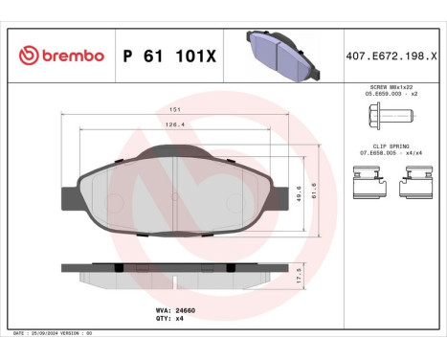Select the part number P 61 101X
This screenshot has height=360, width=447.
[169, 56]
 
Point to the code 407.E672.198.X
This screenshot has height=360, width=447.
[394, 56]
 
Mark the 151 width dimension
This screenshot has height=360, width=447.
[175, 111]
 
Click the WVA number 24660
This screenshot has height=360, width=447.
[169, 311]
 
